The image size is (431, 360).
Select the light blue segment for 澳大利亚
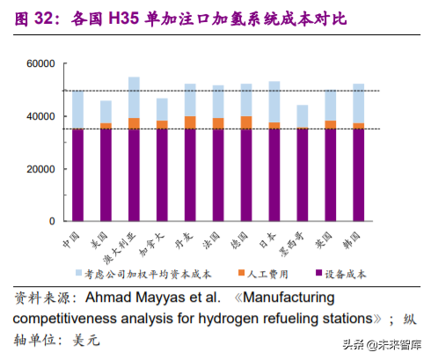[134, 97]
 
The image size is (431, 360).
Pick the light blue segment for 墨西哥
[302, 116]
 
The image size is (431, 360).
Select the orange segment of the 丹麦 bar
[190, 122]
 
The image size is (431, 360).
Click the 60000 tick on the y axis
[40, 64]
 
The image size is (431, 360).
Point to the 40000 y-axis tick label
[40, 116]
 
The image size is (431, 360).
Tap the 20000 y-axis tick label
[40, 169]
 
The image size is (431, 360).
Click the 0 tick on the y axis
[51, 221]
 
